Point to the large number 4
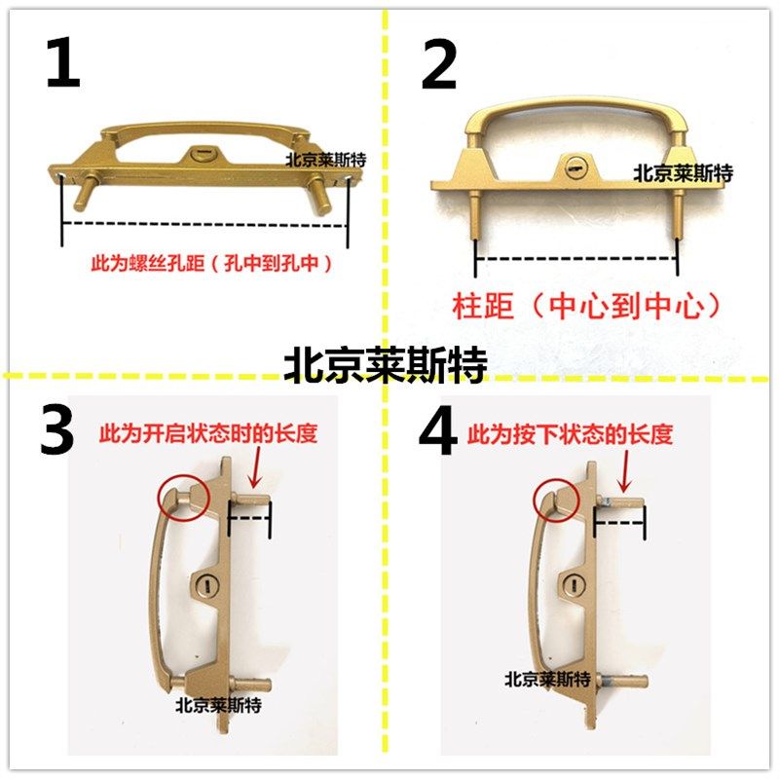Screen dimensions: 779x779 pos(437,431)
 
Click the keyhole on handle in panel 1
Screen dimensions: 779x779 pos(202,153)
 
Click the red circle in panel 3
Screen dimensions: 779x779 pos(183,499)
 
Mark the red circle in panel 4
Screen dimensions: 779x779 pos(553,499)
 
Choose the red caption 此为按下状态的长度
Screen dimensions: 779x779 pos(570,435)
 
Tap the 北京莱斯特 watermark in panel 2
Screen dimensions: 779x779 pos(683,173)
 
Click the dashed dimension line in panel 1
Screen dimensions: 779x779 pos(204,224)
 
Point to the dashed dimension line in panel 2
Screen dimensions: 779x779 pos(575,259)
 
